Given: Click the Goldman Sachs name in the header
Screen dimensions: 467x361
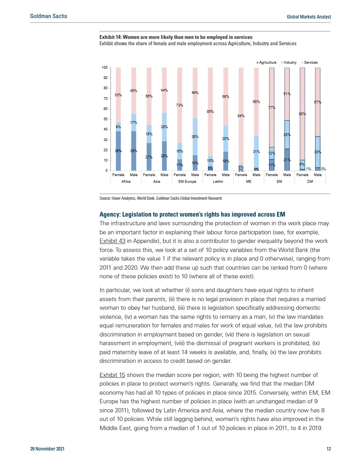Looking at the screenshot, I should click(x=48, y=16).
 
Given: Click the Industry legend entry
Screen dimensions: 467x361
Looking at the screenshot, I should click(x=290, y=63).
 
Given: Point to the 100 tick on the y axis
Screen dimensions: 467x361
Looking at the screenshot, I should click(x=105, y=68).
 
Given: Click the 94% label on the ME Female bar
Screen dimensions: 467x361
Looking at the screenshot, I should click(x=241, y=116).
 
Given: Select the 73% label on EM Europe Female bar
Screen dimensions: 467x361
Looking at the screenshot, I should click(x=180, y=105).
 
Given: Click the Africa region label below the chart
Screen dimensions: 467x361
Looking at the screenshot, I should click(x=126, y=182).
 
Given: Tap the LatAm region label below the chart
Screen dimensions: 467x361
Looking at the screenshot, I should click(x=218, y=182).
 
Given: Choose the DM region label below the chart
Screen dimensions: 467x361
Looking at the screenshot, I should click(x=310, y=182).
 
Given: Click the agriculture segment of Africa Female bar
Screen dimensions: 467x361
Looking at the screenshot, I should click(x=118, y=151).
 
